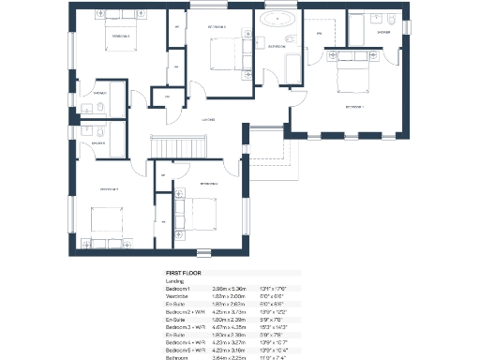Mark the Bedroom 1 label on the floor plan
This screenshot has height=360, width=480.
click(353, 108)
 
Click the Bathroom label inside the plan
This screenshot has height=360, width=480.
click(277, 46)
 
